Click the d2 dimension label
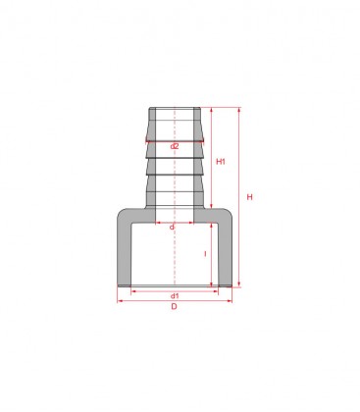click(174, 146)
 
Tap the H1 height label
click(221, 161)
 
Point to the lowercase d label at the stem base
click(172, 227)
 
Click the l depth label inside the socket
click(205, 254)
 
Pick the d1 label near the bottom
click(175, 295)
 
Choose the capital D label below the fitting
click(174, 308)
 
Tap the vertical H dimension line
click(238, 196)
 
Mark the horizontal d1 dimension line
click(174, 288)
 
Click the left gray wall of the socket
click(126, 250)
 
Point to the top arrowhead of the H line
click(238, 110)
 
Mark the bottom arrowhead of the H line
click(238, 285)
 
